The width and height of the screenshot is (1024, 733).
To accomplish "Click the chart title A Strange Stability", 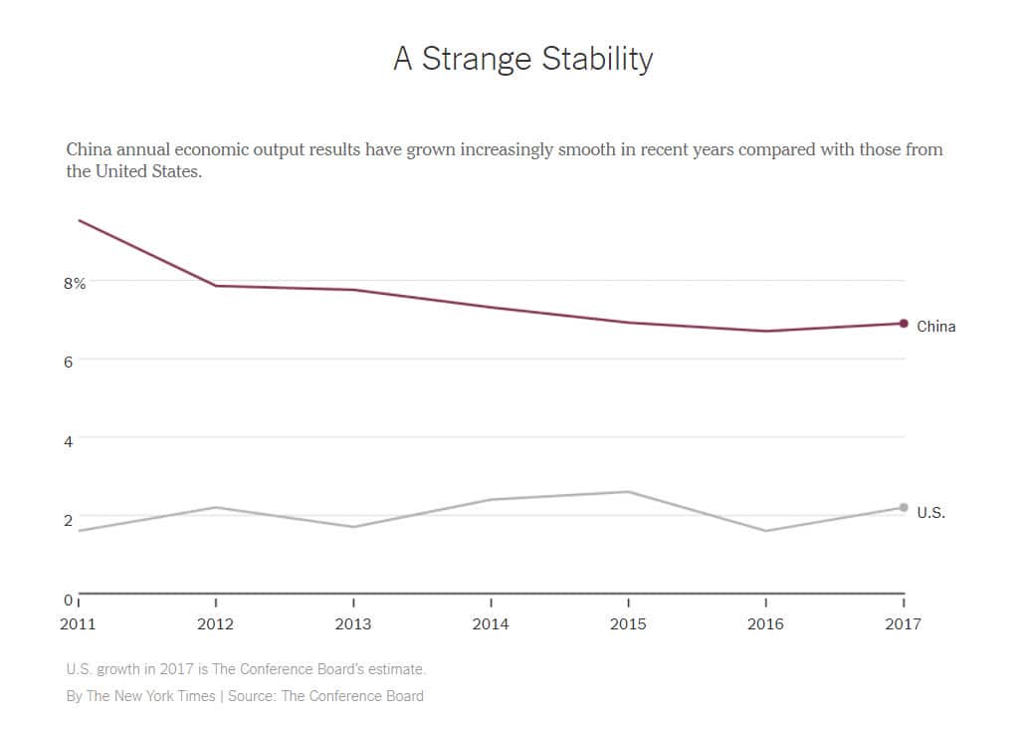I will pos(522,59).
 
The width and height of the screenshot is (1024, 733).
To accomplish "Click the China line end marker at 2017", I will pos(904,324).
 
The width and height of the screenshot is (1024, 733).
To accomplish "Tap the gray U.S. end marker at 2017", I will pos(904,508).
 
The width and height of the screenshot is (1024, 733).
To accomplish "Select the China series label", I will pos(935,327).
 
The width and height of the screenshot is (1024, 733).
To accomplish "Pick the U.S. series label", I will pos(930,513).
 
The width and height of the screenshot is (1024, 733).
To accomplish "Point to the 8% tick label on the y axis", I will pos(75,283).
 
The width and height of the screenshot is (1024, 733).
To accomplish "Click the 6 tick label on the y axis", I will pos(69,363).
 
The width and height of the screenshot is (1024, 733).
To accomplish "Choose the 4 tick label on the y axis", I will pos(69,440).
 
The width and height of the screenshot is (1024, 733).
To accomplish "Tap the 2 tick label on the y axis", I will pos(69,520).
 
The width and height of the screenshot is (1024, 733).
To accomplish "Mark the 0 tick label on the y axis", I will pos(69,600).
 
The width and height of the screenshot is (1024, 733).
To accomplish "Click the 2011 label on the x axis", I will pos(79,624).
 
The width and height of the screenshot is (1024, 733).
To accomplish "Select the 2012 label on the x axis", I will pos(216,624).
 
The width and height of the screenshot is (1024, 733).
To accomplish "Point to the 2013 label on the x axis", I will pos(353,624).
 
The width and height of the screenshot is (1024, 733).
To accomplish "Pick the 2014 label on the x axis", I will pos(491,624).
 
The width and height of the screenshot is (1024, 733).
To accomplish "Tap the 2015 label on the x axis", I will pos(628,624).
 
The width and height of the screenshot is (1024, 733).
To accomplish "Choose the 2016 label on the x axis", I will pos(765,624).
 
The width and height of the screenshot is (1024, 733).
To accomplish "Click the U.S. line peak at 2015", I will pos(628,492).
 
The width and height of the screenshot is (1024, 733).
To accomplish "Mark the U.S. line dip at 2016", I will pos(765,531).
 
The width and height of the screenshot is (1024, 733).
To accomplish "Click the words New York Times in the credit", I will pos(165,696).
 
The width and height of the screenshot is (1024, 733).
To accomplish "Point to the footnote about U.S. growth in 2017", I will pos(246,669).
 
